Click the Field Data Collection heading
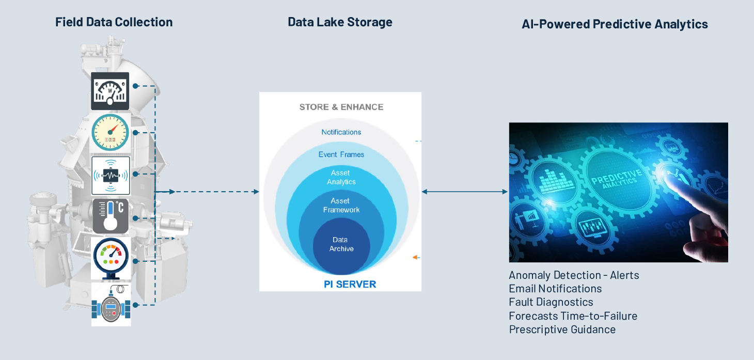[x=114, y=22]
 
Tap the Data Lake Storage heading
[x=340, y=22]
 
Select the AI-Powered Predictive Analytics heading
[x=615, y=24]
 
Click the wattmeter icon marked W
[x=110, y=91]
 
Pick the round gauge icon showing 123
[x=110, y=132]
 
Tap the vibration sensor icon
[x=111, y=176]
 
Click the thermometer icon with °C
[x=111, y=216]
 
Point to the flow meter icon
[x=111, y=305]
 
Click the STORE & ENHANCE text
[x=341, y=107]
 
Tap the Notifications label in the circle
[x=341, y=132]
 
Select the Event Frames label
[x=341, y=154]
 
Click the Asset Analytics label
[x=341, y=177]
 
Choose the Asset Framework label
[x=341, y=205]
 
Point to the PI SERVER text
[x=350, y=284]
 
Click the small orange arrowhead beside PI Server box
[x=416, y=257]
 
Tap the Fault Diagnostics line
[x=551, y=302]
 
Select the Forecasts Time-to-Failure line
[x=573, y=316]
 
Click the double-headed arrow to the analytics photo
[x=464, y=192]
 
